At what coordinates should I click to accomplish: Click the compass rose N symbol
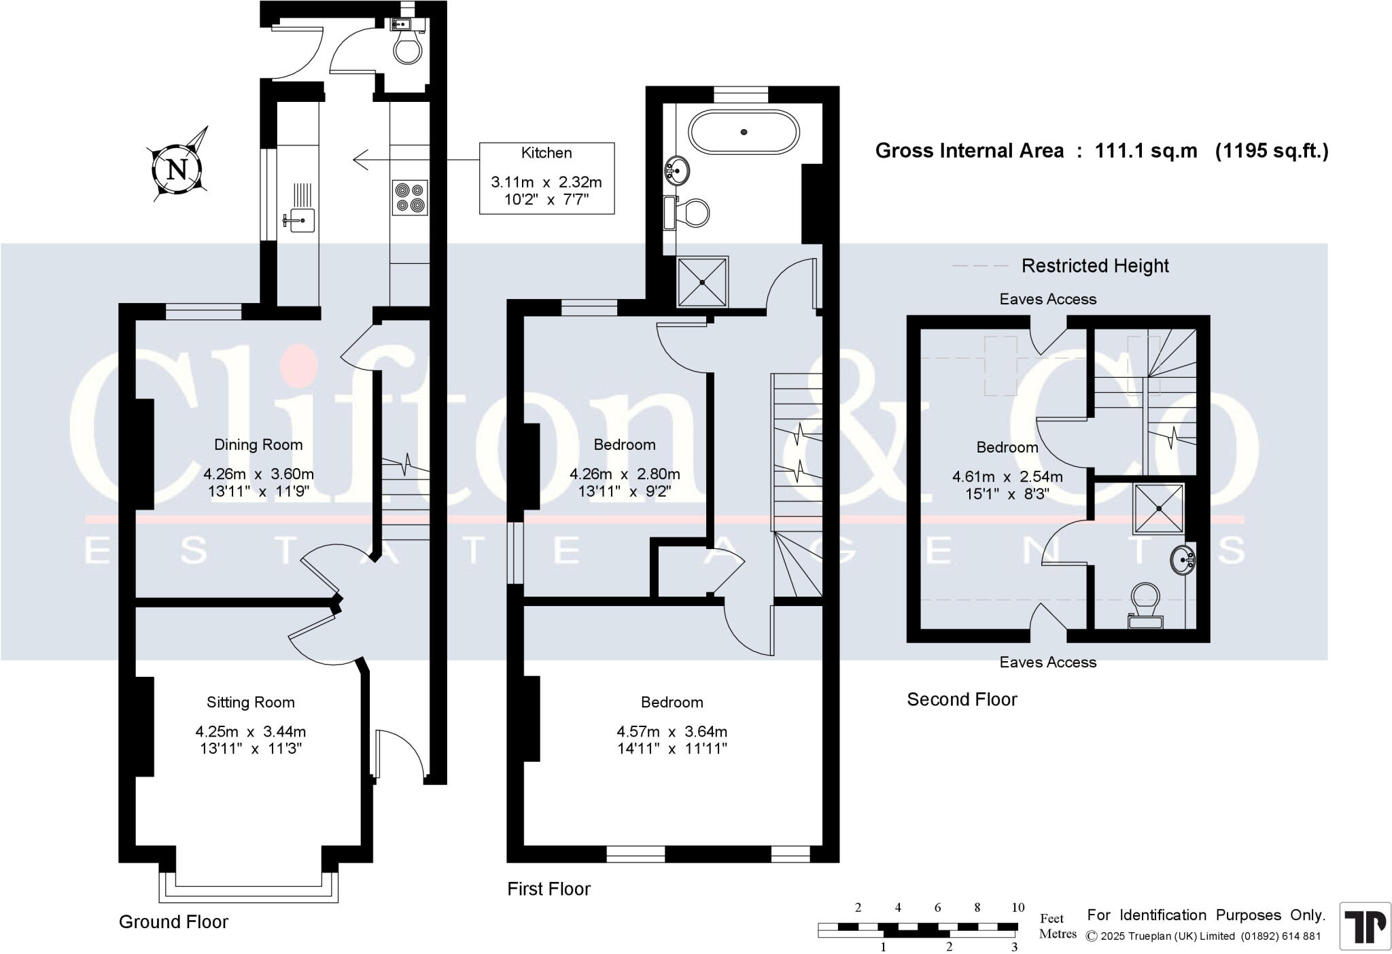tap(177, 168)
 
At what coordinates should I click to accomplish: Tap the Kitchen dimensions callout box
tap(546, 178)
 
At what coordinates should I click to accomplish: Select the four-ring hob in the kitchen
tap(410, 197)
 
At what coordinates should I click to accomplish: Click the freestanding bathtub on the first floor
tap(744, 132)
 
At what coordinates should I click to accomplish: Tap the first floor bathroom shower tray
tap(702, 282)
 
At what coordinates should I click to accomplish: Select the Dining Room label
tap(258, 444)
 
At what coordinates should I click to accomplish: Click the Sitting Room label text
tap(251, 702)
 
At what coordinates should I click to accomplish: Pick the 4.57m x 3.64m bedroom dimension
tap(672, 732)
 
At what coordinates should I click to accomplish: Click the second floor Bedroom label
tap(1007, 447)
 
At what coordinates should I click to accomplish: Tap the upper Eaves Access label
tap(1047, 299)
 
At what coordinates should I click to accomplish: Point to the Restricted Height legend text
tap(1094, 266)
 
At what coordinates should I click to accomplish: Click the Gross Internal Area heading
tap(969, 150)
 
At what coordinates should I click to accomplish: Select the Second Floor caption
tap(962, 699)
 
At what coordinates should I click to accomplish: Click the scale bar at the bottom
tap(918, 927)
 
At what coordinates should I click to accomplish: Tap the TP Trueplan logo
tap(1365, 925)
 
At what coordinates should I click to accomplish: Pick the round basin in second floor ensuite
tap(1182, 561)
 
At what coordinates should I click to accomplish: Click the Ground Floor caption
tap(173, 921)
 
